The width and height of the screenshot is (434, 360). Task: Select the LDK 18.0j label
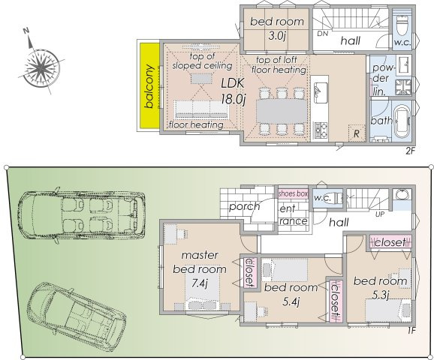[x=233, y=91]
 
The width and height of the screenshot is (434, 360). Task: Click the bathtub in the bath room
[x=397, y=121]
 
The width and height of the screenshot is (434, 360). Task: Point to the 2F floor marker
[x=410, y=150]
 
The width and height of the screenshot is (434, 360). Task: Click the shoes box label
[x=293, y=193]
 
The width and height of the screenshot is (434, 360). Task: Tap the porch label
[x=245, y=206]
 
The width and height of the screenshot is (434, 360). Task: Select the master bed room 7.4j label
[x=199, y=268]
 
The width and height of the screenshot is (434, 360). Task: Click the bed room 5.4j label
[x=292, y=294]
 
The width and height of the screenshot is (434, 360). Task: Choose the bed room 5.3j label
[x=380, y=288]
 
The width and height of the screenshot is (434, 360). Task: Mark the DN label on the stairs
[x=322, y=34]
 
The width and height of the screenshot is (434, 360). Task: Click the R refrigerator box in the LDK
[x=355, y=133]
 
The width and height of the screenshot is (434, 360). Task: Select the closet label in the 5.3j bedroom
[x=388, y=242]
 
